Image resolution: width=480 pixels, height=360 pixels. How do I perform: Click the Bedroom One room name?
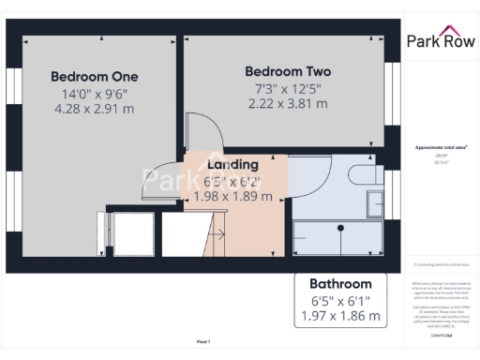(x=94, y=76)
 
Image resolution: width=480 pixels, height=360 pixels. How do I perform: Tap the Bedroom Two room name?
(x=288, y=71)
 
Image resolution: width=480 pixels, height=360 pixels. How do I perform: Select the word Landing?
(x=232, y=164)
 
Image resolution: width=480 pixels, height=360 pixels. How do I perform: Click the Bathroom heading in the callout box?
(x=340, y=283)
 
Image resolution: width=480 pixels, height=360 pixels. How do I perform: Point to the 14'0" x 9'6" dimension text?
(x=94, y=93)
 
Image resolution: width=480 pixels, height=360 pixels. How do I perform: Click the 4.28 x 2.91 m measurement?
(x=94, y=109)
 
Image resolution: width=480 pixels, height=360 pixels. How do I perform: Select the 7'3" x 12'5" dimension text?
(x=288, y=88)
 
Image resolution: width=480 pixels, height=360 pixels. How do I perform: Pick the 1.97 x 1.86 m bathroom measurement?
(x=340, y=317)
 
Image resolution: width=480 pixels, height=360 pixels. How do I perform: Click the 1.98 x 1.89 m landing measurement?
(x=232, y=197)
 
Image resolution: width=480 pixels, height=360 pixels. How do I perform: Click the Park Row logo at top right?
(x=440, y=40)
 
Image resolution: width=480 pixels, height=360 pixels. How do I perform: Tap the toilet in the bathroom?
(x=363, y=174)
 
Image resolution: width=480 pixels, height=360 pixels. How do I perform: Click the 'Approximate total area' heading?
(x=440, y=148)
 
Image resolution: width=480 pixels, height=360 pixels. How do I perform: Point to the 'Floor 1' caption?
(x=203, y=341)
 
